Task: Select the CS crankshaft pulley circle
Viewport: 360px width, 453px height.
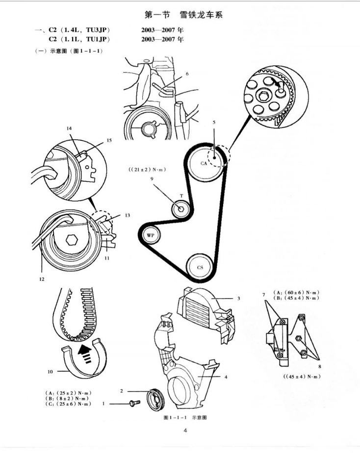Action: click(x=200, y=268)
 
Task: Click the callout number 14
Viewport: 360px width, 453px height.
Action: click(x=69, y=128)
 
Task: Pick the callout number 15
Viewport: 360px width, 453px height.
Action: click(x=109, y=140)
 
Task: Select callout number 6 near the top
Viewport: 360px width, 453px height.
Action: click(x=187, y=74)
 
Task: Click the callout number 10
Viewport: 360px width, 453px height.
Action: click(x=50, y=372)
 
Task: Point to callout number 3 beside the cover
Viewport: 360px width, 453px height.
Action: click(x=238, y=298)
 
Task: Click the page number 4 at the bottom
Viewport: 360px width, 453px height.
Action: click(x=185, y=431)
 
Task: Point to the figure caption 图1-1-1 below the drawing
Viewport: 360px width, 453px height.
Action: click(x=184, y=418)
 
